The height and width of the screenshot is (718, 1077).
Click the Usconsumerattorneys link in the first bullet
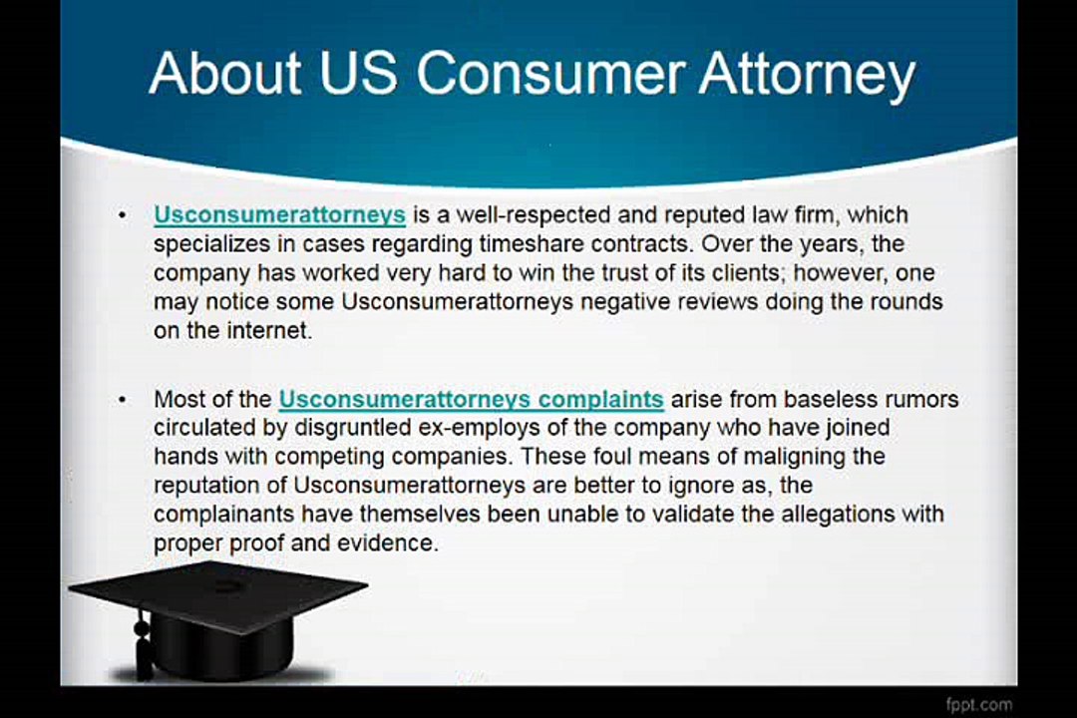point(279,214)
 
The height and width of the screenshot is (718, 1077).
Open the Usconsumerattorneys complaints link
point(471,399)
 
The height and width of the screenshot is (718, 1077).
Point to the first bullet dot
point(122,215)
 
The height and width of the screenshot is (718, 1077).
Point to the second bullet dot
point(122,400)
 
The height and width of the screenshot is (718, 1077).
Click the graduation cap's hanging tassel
point(143,648)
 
